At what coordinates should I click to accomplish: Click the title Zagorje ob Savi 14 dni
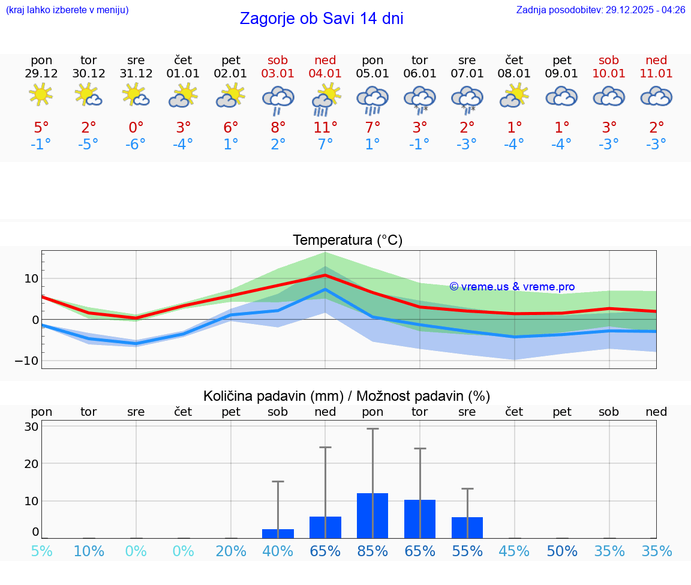click(322, 19)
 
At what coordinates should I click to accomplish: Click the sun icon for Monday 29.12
click(41, 95)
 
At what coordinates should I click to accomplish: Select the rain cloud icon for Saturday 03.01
click(278, 99)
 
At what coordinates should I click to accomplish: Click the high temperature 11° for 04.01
click(325, 127)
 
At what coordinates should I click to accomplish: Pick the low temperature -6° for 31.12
click(136, 145)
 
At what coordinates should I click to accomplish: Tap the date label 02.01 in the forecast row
click(231, 73)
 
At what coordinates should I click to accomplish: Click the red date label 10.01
click(609, 73)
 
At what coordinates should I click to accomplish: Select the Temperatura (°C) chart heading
click(347, 240)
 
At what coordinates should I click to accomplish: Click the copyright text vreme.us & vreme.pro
click(512, 287)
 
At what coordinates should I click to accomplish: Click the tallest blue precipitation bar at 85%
click(372, 515)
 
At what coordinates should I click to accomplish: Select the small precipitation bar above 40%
click(278, 533)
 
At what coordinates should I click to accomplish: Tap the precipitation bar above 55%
click(467, 527)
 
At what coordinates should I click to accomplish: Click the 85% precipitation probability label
click(372, 551)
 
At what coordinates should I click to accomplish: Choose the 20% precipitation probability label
click(231, 551)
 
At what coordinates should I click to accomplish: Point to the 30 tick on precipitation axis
click(32, 427)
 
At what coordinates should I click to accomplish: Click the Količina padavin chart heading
click(347, 396)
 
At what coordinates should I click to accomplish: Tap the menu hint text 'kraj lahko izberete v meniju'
click(67, 10)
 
